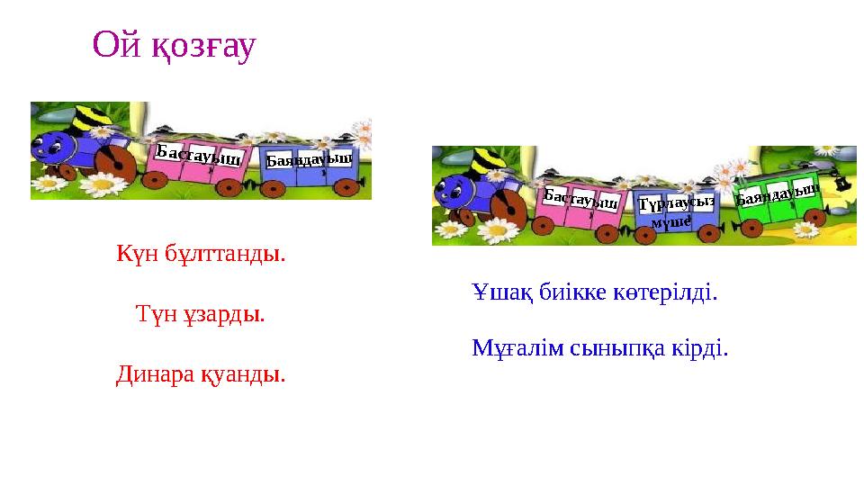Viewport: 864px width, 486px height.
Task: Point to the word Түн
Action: (152, 315)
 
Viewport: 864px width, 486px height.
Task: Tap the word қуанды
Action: (247, 372)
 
